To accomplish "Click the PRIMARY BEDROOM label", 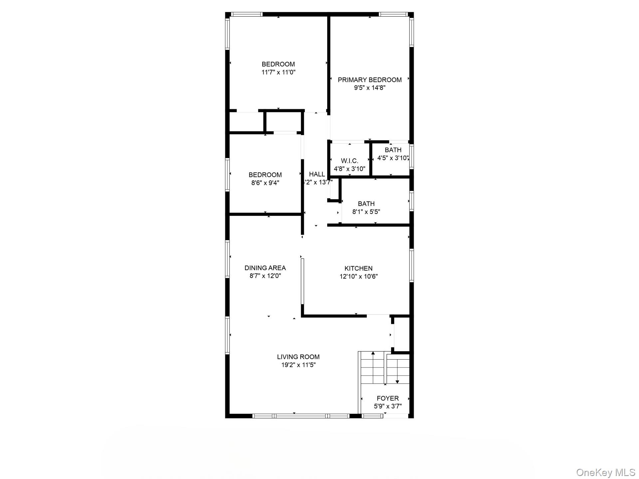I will [369, 80].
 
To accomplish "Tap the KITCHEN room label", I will [358, 268].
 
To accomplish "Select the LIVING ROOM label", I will [298, 357].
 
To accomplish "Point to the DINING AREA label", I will [265, 268].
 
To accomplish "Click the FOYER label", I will [388, 398].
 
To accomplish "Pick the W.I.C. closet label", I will [349, 161].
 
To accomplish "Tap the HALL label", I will [317, 174].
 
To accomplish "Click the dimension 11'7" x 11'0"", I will [278, 72].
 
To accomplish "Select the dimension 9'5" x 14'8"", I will [369, 88].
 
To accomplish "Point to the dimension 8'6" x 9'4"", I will [265, 183].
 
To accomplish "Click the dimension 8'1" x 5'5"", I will [366, 212].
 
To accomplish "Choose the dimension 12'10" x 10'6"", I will [358, 276].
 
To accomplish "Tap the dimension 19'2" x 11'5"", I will [298, 365].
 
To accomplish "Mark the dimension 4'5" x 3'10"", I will [393, 158].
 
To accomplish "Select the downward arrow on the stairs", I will [397, 382].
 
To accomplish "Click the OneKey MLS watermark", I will [605, 472].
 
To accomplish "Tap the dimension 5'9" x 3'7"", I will [388, 406].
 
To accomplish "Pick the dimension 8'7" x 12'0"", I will [265, 276].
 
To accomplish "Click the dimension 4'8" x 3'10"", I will [349, 169].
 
